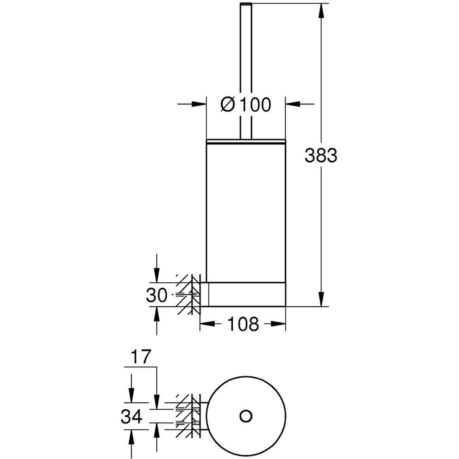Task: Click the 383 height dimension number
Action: pos(321,155)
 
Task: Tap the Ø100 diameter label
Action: pos(246,104)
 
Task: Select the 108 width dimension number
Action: pos(243,324)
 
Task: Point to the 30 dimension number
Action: pos(156,295)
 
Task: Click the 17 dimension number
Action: pos(141,363)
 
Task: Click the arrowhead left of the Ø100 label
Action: pos(199,104)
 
